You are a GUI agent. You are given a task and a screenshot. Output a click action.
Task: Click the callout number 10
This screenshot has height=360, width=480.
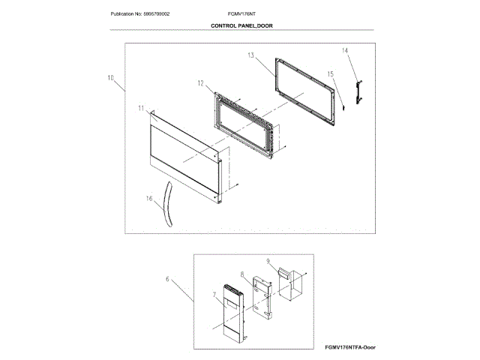pyautogui.click(x=110, y=77)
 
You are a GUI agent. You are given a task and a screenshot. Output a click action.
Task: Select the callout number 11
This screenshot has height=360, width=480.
pyautogui.click(x=141, y=108)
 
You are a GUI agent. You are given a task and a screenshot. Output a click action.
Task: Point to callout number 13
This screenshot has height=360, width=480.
pyautogui.click(x=250, y=56)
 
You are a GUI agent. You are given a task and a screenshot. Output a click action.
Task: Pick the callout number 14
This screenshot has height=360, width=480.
pyautogui.click(x=345, y=51)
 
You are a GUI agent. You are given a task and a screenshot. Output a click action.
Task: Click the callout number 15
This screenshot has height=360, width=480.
pyautogui.click(x=329, y=74)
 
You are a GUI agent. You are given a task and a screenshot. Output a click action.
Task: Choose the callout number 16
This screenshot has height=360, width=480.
pyautogui.click(x=148, y=198)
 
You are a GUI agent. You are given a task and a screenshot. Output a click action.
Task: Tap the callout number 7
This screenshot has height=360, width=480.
pyautogui.click(x=213, y=296)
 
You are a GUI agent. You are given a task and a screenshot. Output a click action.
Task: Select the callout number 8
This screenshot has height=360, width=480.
pyautogui.click(x=243, y=275)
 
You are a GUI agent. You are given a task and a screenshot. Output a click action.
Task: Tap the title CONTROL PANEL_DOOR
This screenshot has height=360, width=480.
pyautogui.click(x=241, y=25)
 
